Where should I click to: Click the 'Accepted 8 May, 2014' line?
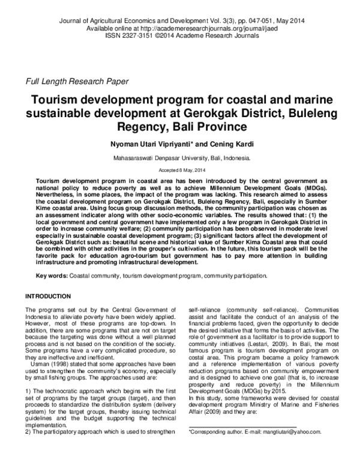coord(180,171)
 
